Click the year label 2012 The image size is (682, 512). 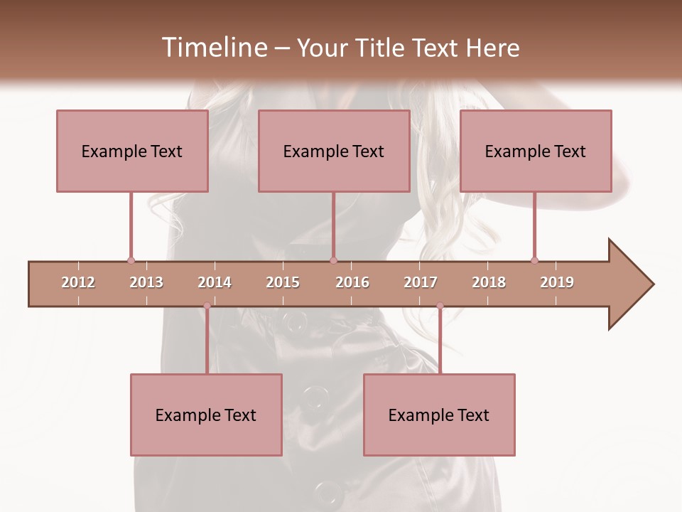(78, 282)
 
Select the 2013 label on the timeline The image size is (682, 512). (146, 282)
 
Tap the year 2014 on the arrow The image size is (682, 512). (215, 282)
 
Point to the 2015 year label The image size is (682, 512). (283, 282)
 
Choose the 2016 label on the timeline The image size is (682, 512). (352, 282)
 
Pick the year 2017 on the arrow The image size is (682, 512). (421, 282)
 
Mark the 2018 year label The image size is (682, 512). (489, 282)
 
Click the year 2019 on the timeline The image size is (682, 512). (557, 282)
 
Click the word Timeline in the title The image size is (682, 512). (213, 48)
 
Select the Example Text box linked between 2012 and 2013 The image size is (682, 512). (132, 151)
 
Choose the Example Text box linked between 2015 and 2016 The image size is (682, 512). (334, 151)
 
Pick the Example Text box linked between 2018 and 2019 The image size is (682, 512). (536, 151)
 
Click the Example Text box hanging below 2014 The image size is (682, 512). (206, 415)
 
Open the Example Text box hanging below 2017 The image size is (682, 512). (439, 415)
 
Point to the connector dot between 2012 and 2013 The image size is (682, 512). (131, 260)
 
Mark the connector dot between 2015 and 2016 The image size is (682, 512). (334, 260)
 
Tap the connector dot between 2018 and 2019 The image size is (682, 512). (534, 260)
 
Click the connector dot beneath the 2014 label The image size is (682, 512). (207, 306)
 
